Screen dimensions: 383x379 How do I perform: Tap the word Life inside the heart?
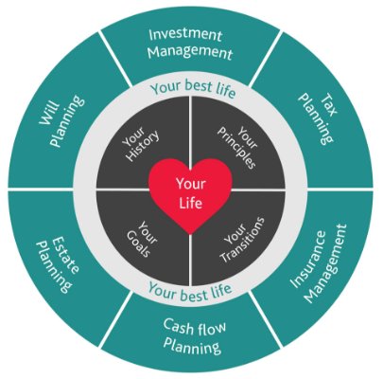[191, 203]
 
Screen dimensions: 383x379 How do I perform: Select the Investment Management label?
[190, 44]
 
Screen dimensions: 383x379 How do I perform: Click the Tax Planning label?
[318, 117]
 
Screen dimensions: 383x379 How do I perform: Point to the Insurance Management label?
[318, 263]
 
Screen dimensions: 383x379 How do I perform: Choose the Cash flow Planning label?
[193, 336]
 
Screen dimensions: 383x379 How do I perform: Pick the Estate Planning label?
[58, 264]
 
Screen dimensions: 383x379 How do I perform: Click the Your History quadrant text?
[140, 143]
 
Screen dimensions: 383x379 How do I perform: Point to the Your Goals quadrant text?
[141, 238]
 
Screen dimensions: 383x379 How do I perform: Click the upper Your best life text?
[193, 88]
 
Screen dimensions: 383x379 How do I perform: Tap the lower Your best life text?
[190, 291]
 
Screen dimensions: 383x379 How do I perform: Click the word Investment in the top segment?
[185, 35]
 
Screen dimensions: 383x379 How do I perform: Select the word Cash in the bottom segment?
[178, 326]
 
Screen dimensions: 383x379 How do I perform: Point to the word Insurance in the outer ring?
[307, 260]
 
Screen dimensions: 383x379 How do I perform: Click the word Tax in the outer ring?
[328, 104]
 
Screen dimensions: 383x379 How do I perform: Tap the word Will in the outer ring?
[49, 113]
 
